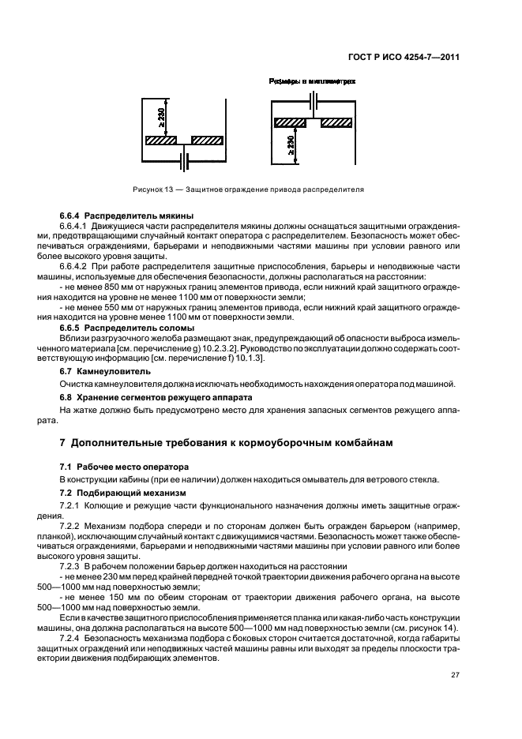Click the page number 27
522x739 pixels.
tap(455, 675)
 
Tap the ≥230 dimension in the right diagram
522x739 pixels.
tap(291, 144)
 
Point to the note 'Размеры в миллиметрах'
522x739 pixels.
tap(312, 81)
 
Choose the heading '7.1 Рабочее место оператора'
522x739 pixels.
tap(125, 467)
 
